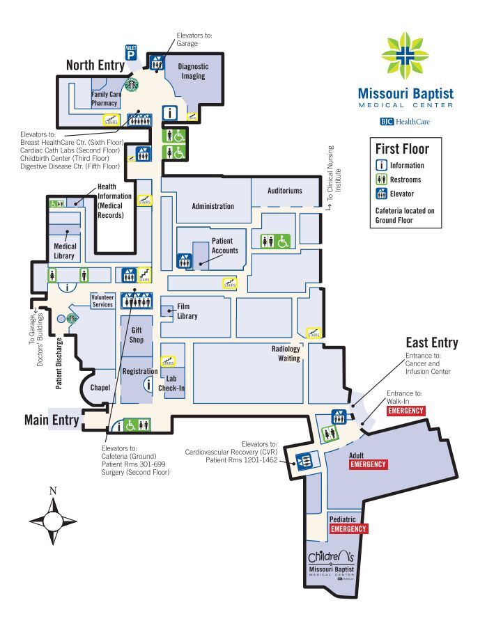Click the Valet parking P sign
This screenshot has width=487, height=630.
click(x=130, y=52)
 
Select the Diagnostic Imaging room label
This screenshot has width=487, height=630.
click(x=193, y=71)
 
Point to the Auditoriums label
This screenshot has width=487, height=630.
click(x=285, y=190)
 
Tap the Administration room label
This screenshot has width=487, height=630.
click(x=212, y=206)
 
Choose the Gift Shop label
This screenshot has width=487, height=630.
click(x=136, y=335)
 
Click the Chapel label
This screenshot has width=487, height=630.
click(x=100, y=388)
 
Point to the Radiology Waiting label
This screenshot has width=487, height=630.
click(x=286, y=354)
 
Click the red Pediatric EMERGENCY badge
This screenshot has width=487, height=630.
click(x=348, y=529)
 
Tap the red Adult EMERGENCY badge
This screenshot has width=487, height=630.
click(x=369, y=464)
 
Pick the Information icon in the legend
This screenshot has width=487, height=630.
click(x=382, y=166)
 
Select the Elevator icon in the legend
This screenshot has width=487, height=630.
click(x=382, y=194)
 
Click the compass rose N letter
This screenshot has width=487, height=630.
click(x=53, y=490)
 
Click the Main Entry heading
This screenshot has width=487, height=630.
click(x=52, y=420)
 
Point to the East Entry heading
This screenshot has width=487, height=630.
click(x=432, y=342)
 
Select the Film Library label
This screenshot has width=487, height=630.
click(x=187, y=311)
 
